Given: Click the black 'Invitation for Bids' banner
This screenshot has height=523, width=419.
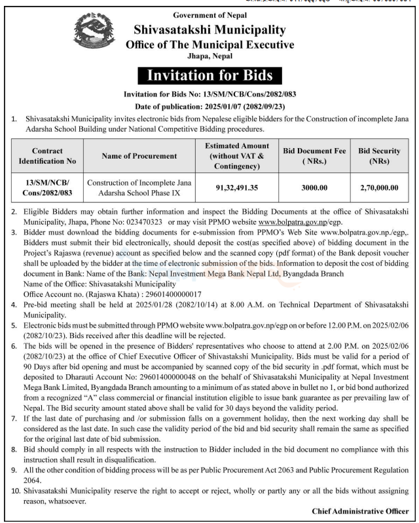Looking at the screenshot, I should [x=209, y=76].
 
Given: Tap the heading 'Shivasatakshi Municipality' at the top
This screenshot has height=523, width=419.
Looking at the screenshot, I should [x=209, y=29].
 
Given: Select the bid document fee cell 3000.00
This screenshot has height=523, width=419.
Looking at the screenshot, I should [x=314, y=187].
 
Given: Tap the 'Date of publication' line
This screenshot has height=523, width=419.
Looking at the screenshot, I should [x=209, y=106].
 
